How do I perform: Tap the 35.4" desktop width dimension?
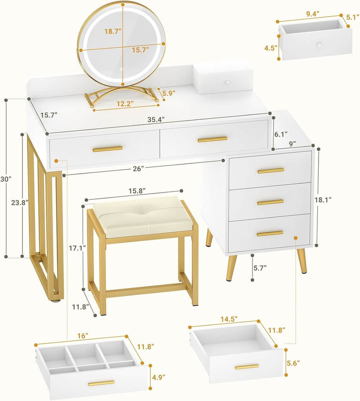pos(156,119)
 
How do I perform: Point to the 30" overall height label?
pos(5,179)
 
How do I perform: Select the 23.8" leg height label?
pos(18,202)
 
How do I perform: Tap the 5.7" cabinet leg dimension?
pos(259,268)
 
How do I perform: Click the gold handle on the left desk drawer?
pos(108,149)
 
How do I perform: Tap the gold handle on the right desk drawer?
pos(212,140)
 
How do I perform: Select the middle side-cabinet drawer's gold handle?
pos(270,202)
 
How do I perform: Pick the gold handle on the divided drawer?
pos(101,383)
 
